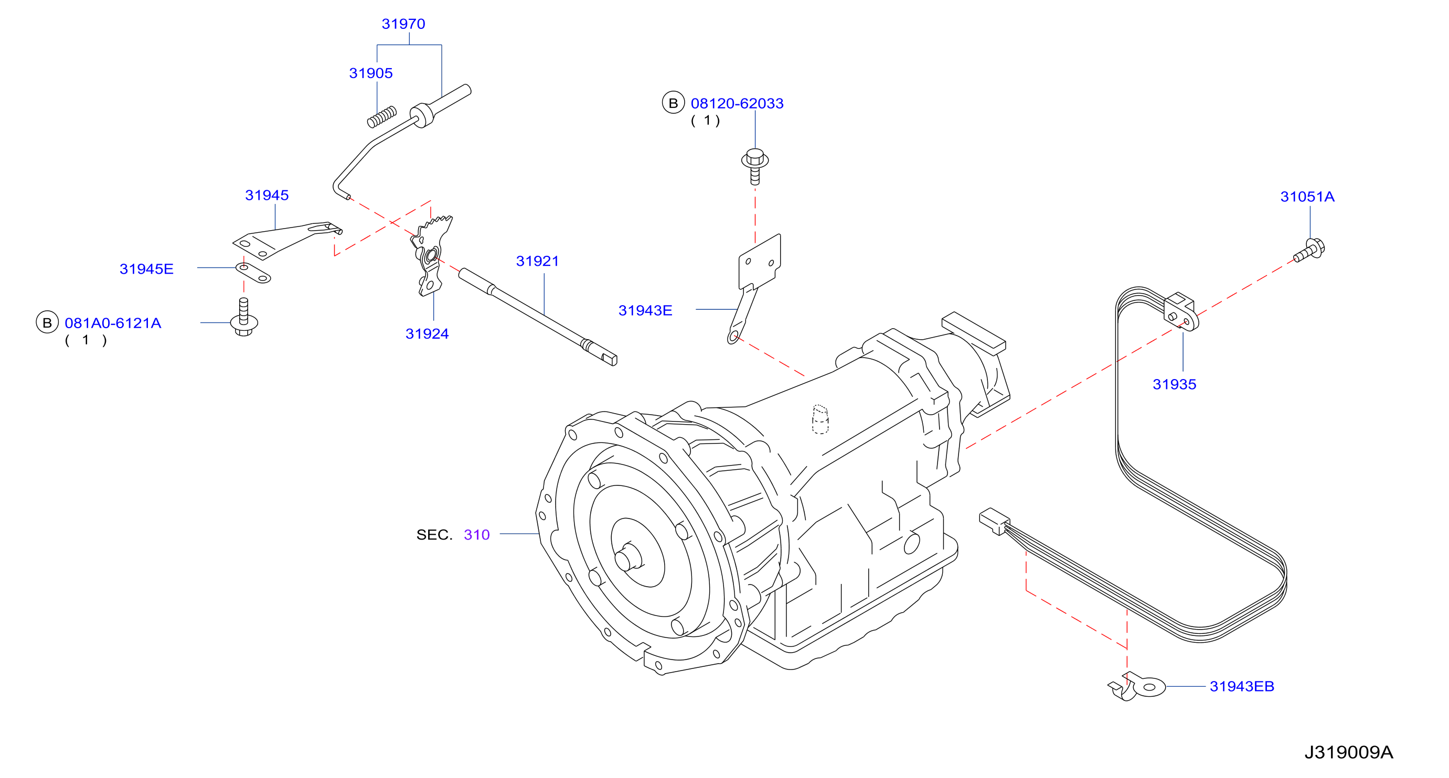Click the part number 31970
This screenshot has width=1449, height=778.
403,24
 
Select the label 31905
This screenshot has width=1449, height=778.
371,73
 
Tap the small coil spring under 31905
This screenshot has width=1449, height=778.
382,117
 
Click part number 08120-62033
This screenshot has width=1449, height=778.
737,103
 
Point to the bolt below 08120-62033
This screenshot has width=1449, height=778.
755,166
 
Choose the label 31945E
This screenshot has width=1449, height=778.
146,269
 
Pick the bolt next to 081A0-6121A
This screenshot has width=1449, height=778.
244,318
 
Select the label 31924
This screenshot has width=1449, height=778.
427,334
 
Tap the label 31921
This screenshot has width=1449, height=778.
537,262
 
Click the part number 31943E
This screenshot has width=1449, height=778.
645,311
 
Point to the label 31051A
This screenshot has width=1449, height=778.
1307,197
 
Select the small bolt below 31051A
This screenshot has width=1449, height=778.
1309,251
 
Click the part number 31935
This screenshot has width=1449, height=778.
1174,384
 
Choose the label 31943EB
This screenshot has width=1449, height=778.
1241,686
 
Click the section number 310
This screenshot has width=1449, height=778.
476,535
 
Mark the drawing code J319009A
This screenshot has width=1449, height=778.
1348,752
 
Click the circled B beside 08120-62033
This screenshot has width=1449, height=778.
673,103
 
